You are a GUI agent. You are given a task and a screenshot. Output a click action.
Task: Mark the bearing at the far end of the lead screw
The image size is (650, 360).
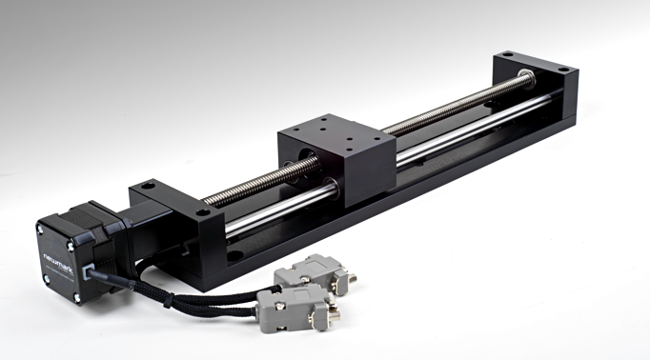523,75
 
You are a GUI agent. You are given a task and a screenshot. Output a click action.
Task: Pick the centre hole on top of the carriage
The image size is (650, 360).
335,134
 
